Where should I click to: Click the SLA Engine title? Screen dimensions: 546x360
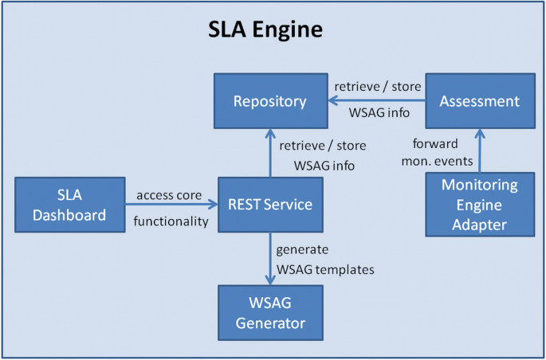265,30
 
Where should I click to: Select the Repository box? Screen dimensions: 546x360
271,101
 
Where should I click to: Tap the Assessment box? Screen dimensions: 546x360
480,101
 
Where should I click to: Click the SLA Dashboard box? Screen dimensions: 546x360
70,205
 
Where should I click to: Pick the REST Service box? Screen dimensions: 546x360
270,205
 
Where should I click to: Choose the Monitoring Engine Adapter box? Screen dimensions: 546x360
480,205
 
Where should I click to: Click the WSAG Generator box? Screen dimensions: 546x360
270,313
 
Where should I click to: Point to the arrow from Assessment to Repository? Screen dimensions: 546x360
377,101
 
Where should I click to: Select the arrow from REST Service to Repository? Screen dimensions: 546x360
270,153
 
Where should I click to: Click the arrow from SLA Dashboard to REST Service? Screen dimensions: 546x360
171,205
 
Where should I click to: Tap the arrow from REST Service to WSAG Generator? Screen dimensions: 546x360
270,259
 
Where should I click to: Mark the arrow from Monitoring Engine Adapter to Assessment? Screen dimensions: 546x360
480,151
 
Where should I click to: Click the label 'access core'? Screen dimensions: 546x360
169,195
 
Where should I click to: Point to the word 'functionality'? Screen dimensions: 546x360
171,221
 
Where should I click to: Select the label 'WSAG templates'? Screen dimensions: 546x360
325,269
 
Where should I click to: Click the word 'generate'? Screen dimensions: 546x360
302,250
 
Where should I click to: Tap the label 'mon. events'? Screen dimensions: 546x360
438,161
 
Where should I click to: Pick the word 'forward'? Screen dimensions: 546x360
435,143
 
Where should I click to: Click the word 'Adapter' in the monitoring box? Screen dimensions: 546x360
480,225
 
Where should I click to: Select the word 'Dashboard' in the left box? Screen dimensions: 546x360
69,215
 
